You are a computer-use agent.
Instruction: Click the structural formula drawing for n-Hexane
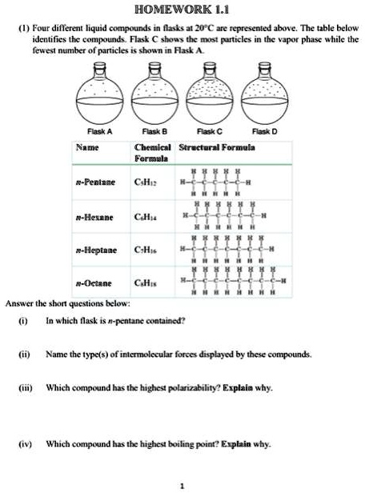pyautogui.click(x=227, y=215)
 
